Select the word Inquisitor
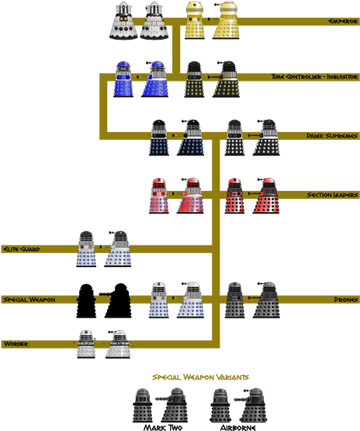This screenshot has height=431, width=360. (337, 77)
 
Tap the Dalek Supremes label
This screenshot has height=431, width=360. (332, 136)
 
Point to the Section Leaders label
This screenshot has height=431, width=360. (331, 194)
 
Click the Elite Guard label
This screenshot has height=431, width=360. (22, 249)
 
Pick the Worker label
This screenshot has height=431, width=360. (16, 342)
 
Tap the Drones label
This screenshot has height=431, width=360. (344, 299)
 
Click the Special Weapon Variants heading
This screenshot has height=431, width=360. (200, 377)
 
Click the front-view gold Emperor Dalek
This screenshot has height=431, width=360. (196, 21)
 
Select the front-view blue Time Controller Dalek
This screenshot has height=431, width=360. (123, 78)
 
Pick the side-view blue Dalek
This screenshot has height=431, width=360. (154, 78)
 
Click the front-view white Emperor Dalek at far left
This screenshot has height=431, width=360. (123, 21)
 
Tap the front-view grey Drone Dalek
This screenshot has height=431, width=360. (236, 300)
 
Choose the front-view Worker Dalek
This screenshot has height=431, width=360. (86, 343)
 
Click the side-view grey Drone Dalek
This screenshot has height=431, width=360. (267, 300)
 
